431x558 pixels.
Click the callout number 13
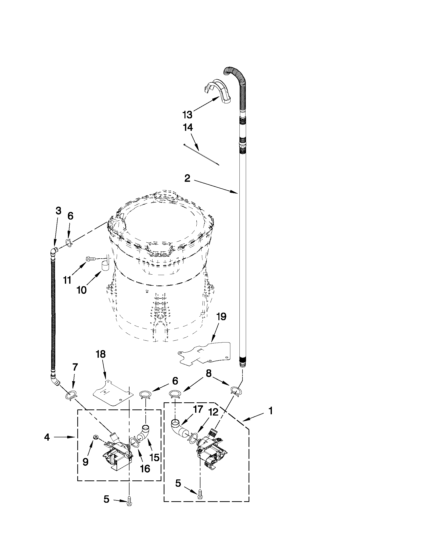click(x=188, y=115)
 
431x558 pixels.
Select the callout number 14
click(x=188, y=128)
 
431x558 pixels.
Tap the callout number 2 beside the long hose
click(x=188, y=178)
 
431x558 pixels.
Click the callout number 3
click(x=59, y=211)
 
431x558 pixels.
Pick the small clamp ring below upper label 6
click(x=69, y=241)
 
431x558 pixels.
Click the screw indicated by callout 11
click(x=91, y=259)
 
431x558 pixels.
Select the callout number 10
click(x=81, y=291)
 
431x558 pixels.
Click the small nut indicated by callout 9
click(x=96, y=437)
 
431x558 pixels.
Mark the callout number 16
click(x=145, y=468)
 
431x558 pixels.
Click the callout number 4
click(x=47, y=437)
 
